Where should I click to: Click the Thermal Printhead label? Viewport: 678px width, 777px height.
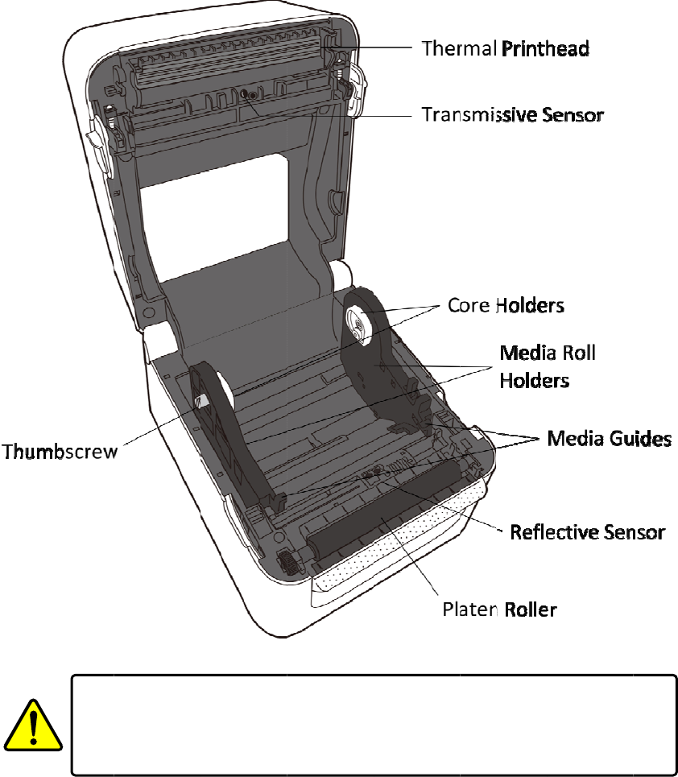tap(506, 48)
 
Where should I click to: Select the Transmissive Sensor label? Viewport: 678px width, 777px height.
tap(513, 115)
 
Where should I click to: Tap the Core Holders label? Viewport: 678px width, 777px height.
tap(506, 306)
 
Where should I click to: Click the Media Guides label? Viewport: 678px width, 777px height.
tap(609, 438)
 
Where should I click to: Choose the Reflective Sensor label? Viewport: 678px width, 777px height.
tap(587, 532)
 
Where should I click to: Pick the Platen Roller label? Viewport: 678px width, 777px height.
tap(499, 609)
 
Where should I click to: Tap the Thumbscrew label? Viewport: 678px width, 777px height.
tap(60, 450)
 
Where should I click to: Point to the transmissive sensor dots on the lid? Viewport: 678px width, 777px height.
tap(249, 96)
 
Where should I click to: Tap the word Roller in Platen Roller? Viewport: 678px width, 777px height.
tap(530, 609)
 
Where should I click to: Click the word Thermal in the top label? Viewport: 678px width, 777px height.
tap(459, 48)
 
